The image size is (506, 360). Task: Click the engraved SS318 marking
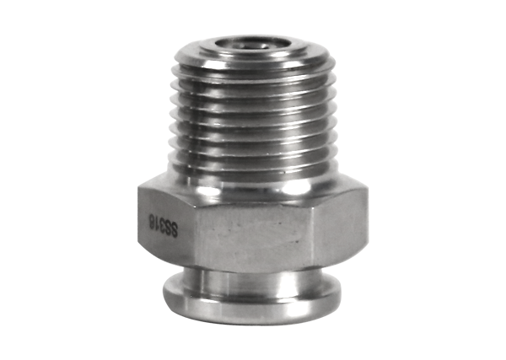pos(163,227)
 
